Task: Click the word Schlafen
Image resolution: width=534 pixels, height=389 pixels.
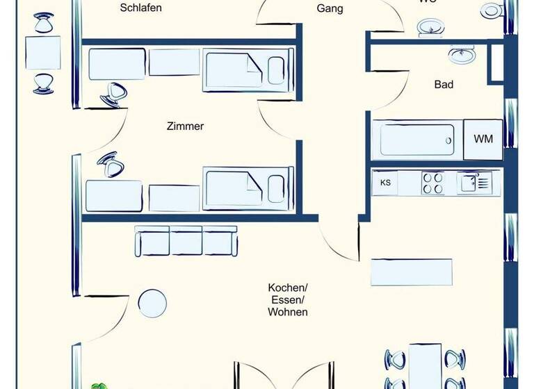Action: pyautogui.click(x=140, y=8)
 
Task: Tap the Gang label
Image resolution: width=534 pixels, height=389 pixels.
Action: pyautogui.click(x=330, y=9)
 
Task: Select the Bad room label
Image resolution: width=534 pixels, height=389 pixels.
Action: pyautogui.click(x=444, y=85)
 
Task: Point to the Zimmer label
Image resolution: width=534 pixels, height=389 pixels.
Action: pyautogui.click(x=185, y=126)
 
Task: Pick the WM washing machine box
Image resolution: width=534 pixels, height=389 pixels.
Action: pyautogui.click(x=483, y=139)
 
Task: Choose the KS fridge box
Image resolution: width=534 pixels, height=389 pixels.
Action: pyautogui.click(x=385, y=183)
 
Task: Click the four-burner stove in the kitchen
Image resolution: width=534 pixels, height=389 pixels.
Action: pyautogui.click(x=432, y=183)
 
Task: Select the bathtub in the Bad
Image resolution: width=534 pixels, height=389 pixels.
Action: pyautogui.click(x=416, y=139)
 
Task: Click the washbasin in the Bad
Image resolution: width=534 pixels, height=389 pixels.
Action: pyautogui.click(x=462, y=54)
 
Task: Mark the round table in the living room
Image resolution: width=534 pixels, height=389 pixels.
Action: pyautogui.click(x=152, y=303)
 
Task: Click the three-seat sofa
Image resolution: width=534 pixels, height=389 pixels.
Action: pyautogui.click(x=186, y=241)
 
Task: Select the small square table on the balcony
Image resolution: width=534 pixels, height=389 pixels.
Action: pyautogui.click(x=43, y=53)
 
